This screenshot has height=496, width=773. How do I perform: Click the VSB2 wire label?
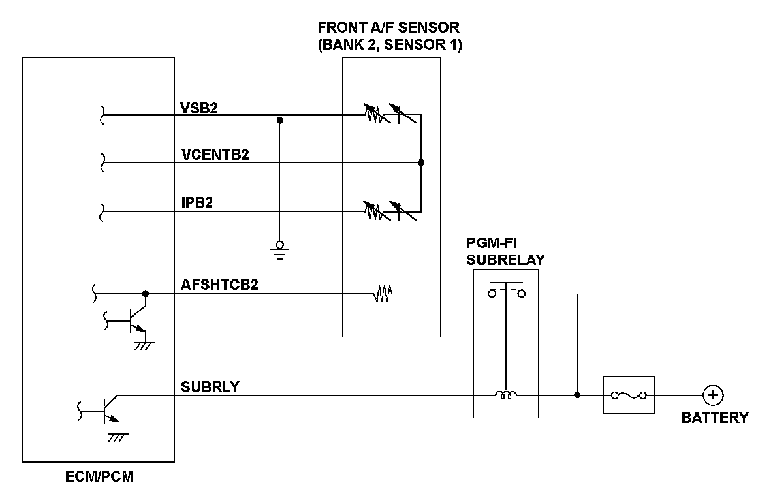pyautogui.click(x=198, y=107)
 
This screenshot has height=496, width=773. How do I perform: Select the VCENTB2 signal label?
pyautogui.click(x=215, y=155)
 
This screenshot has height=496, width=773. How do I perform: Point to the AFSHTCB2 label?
pyautogui.click(x=218, y=285)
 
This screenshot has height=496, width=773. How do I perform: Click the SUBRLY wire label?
pyautogui.click(x=210, y=386)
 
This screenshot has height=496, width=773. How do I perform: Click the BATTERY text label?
pyautogui.click(x=715, y=418)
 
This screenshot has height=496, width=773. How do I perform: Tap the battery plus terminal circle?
pyautogui.click(x=712, y=395)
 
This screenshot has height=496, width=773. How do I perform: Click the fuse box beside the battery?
pyautogui.click(x=628, y=395)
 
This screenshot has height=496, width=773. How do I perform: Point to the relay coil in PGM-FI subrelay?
pyautogui.click(x=505, y=394)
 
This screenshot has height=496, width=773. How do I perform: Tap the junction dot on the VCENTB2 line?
pyautogui.click(x=421, y=163)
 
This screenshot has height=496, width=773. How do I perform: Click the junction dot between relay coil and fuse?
pyautogui.click(x=577, y=395)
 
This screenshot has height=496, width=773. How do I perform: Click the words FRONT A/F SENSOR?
pyautogui.click(x=388, y=28)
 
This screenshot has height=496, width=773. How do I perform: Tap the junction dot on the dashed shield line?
pyautogui.click(x=279, y=120)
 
